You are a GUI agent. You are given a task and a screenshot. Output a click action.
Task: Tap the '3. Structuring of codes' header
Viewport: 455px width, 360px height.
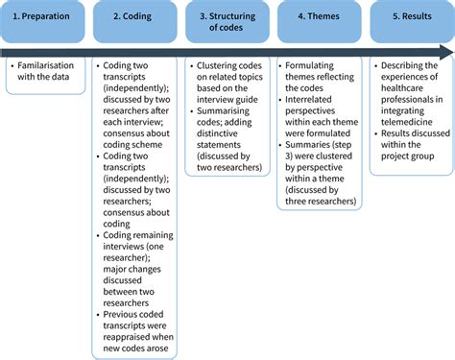[x=226, y=20]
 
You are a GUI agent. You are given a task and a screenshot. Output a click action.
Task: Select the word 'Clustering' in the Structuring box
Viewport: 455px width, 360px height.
[x=221, y=66]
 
